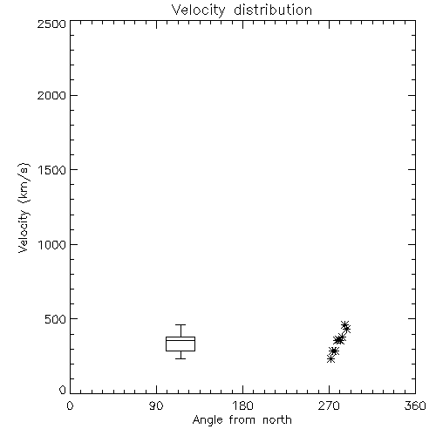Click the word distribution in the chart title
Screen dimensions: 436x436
(273, 10)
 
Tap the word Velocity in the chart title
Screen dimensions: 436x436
(199, 10)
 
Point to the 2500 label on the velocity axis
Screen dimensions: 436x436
(51, 24)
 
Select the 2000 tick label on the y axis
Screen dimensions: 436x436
(51, 95)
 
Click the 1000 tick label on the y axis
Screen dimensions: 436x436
(52, 245)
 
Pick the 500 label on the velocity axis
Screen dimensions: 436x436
(56, 319)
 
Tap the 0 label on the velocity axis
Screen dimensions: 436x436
(63, 390)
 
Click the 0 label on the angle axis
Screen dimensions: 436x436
(70, 405)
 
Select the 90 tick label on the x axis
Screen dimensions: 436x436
(156, 405)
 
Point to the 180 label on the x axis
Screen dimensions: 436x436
(242, 405)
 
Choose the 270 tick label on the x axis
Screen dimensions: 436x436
(329, 405)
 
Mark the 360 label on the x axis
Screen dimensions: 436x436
(415, 405)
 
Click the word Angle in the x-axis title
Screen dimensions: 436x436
(208, 420)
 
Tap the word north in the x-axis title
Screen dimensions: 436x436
(277, 420)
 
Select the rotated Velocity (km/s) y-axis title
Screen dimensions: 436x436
(24, 208)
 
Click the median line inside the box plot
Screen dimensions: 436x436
(181, 340)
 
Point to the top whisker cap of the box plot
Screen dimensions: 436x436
(181, 324)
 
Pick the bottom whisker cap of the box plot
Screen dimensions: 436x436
(181, 358)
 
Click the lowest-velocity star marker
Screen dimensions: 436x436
(330, 359)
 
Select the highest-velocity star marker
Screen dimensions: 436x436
(344, 325)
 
